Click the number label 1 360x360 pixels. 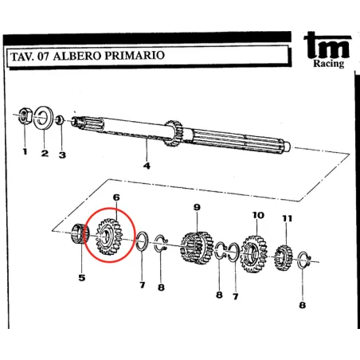[24, 151]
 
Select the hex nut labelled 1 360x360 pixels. [24, 117]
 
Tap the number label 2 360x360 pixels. [45, 153]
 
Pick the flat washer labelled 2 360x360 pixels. [44, 119]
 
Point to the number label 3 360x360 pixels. [62, 155]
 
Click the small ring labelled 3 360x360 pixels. [61, 121]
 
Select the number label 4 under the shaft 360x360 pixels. [147, 166]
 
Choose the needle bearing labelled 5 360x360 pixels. [80, 237]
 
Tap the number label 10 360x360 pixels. [257, 215]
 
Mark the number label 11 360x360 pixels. [287, 218]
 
